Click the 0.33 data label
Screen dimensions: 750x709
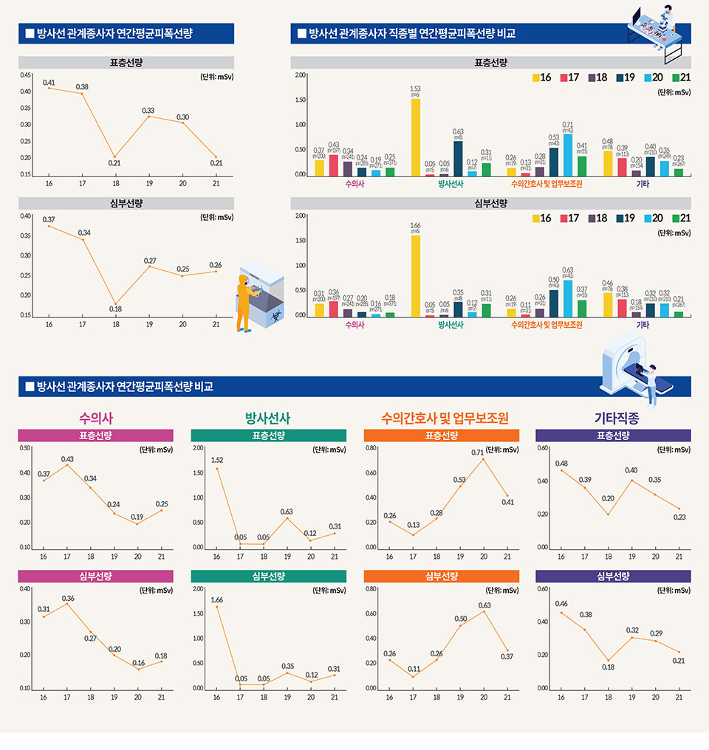tap(148, 111)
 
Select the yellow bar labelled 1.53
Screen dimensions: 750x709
tap(416, 137)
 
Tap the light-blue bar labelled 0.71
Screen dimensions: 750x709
tap(568, 155)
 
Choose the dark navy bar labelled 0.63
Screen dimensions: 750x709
tap(458, 159)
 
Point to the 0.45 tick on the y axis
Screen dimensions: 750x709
tap(26, 75)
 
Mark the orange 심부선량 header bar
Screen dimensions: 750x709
tap(441, 576)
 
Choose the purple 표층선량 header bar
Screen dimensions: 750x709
tap(613, 436)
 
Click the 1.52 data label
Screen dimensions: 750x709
tap(217, 460)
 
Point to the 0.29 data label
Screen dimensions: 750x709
tap(655, 633)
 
